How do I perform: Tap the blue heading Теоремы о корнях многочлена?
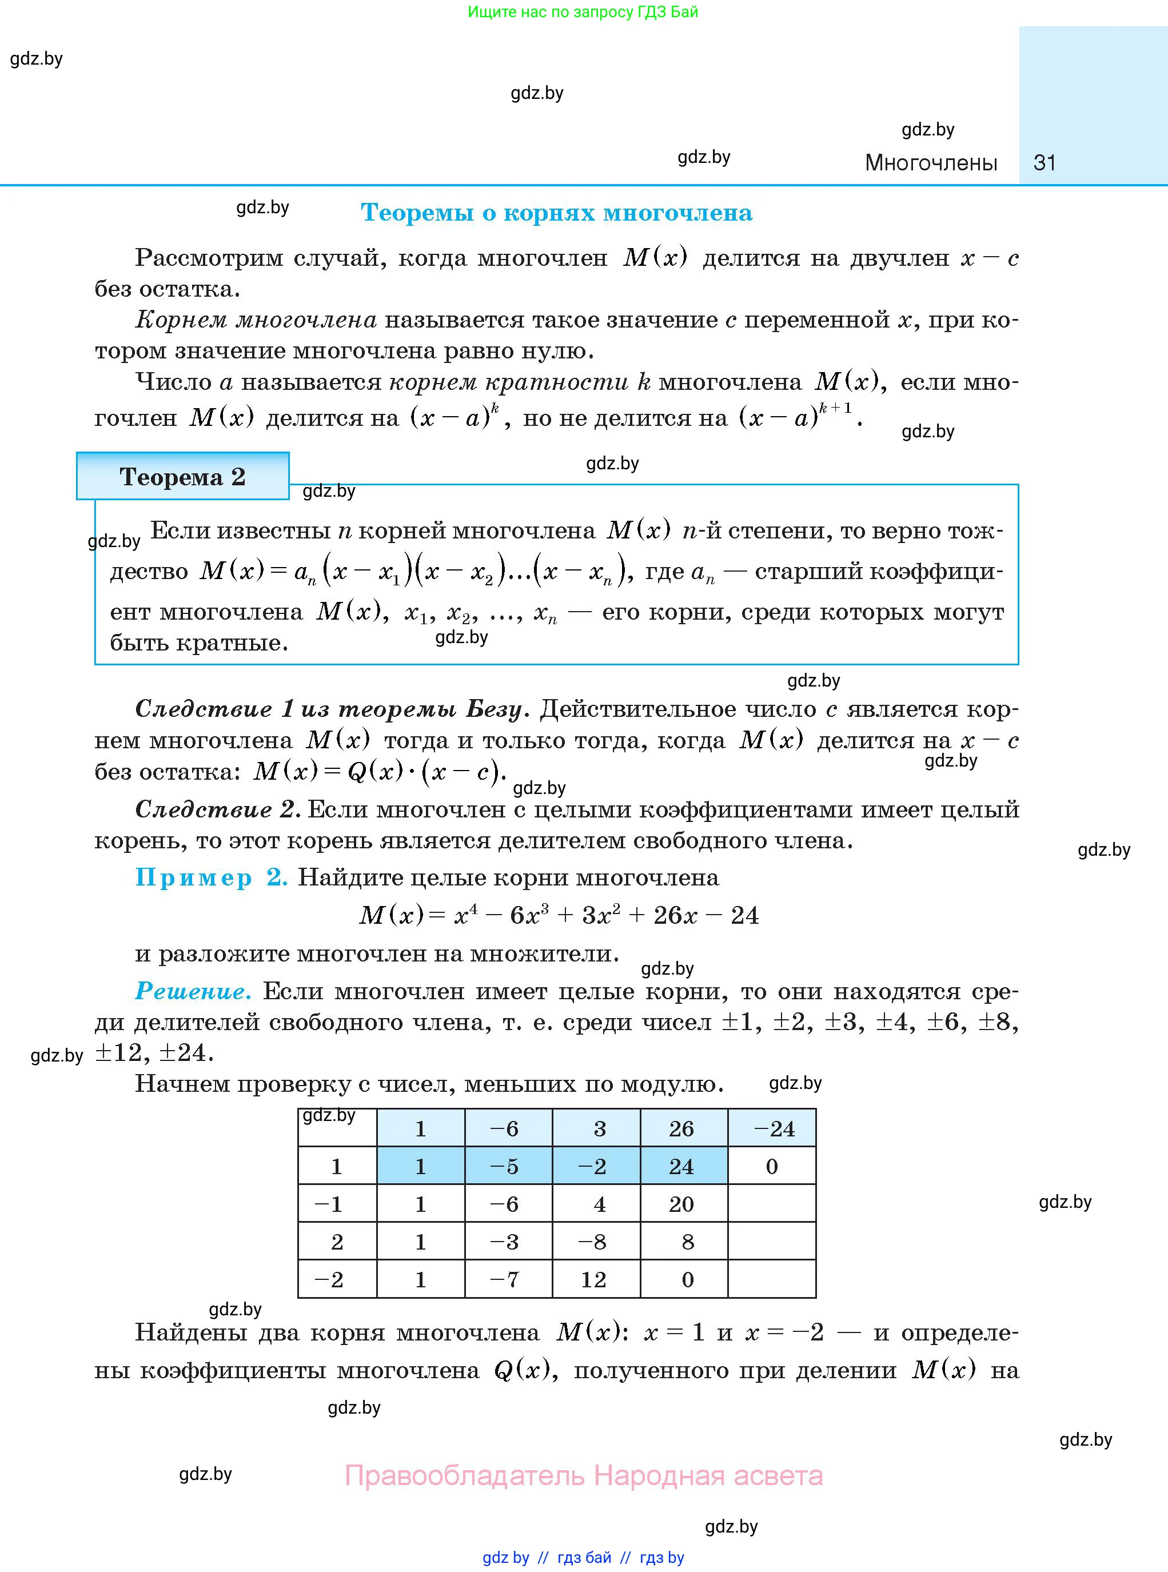point(556,213)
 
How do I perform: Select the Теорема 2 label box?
point(182,476)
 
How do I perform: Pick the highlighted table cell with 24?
point(681,1166)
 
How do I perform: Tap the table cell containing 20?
point(681,1204)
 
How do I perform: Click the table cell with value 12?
point(594,1279)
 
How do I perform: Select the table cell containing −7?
point(504,1279)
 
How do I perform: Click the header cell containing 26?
point(681,1129)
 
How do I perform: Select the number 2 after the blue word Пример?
point(277,877)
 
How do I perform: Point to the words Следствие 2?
point(218,809)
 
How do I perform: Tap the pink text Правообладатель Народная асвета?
point(583,1475)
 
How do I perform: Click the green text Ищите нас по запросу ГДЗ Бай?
point(583,11)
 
